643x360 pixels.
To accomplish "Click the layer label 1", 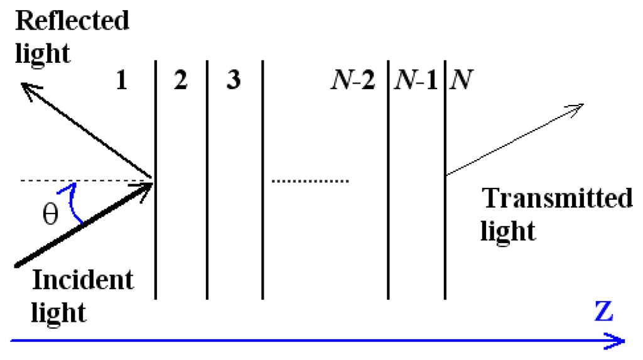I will tap(122, 82).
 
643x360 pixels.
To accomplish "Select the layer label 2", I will tap(180, 82).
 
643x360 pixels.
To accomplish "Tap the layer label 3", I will tap(233, 82).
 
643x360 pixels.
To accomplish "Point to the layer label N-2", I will tap(353, 82).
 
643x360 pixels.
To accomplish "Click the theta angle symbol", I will tap(50, 215).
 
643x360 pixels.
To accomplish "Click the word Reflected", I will tap(72, 20).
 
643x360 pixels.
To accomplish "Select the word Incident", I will tap(83, 280).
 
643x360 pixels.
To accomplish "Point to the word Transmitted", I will tap(557, 199).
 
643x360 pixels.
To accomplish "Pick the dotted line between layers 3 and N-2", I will tap(310, 182).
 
